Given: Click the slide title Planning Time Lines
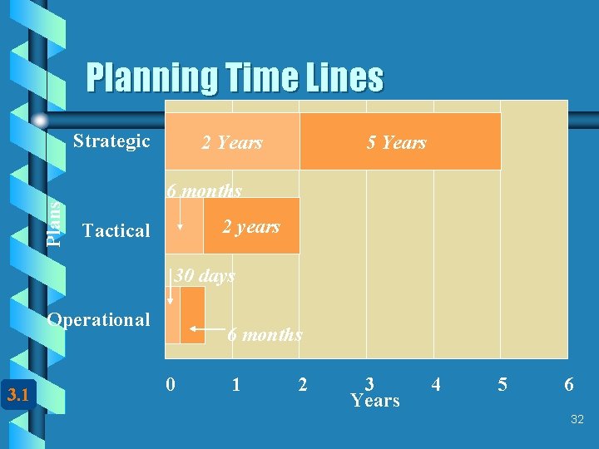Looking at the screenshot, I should pos(235,78).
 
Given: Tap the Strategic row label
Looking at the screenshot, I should pos(111,141).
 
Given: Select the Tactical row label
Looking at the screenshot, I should pos(116,230).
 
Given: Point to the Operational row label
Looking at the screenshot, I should pos(99,319).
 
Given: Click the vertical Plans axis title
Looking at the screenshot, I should pos(53,223).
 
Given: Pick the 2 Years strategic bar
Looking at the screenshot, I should pos(232,142).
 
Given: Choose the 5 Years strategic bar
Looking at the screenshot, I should pos(398,142).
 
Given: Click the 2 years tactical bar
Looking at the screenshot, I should pos(250,226).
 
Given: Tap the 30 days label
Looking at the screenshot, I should pos(205,275).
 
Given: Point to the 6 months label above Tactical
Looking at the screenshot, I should pos(205,190).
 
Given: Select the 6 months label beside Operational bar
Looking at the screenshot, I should pos(265,334).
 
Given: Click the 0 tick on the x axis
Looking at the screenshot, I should pos(171,385).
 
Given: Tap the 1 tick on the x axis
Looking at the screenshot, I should pos(236,385).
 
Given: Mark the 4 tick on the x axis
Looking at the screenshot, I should pos(435,385).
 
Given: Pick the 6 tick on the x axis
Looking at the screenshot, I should pos(568,385).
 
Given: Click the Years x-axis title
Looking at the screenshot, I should pos(375,401).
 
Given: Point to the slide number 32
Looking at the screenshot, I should pos(577,421).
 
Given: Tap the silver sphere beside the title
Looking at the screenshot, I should pos(40,121).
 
